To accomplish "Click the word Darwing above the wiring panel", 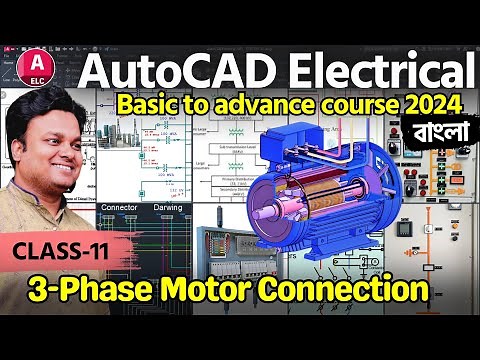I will [167, 209].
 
